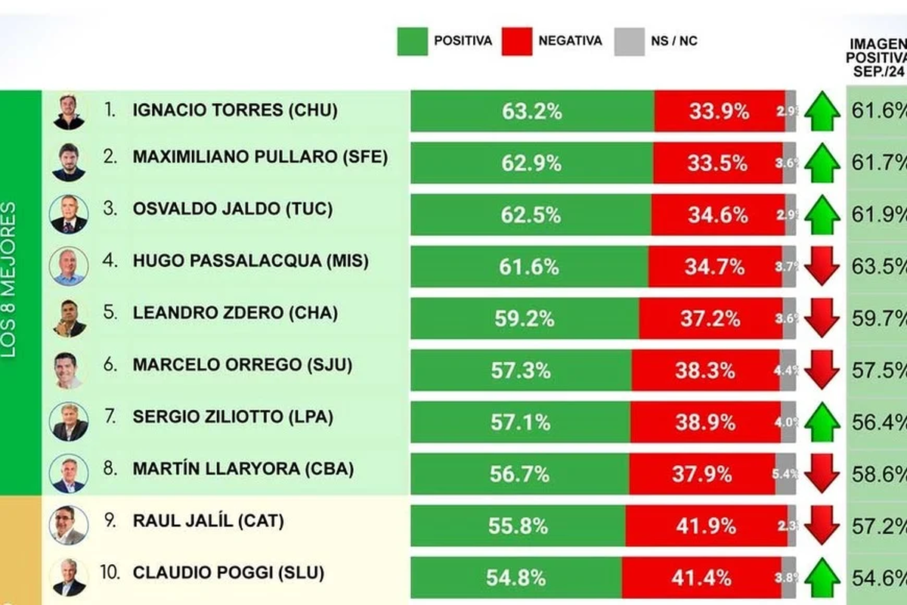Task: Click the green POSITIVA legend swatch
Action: pyautogui.click(x=412, y=41)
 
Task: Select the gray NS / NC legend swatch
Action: pyautogui.click(x=629, y=41)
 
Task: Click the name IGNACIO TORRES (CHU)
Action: pyautogui.click(x=234, y=110)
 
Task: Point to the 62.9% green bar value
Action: pyautogui.click(x=531, y=163)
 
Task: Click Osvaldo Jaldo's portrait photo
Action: pyautogui.click(x=69, y=215)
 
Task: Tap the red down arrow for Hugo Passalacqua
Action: pyautogui.click(x=822, y=266)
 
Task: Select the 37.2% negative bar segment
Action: pyautogui.click(x=710, y=318)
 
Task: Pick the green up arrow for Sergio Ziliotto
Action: pyautogui.click(x=822, y=421)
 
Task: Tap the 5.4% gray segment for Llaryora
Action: pyautogui.click(x=785, y=474)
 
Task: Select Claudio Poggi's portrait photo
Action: pyautogui.click(x=69, y=577)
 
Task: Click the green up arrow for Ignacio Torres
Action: pyautogui.click(x=822, y=111)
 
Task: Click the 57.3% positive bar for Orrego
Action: pyautogui.click(x=521, y=371)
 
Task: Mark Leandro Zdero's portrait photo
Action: pyautogui.click(x=69, y=318)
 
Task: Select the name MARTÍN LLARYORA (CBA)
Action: pyautogui.click(x=243, y=469)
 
